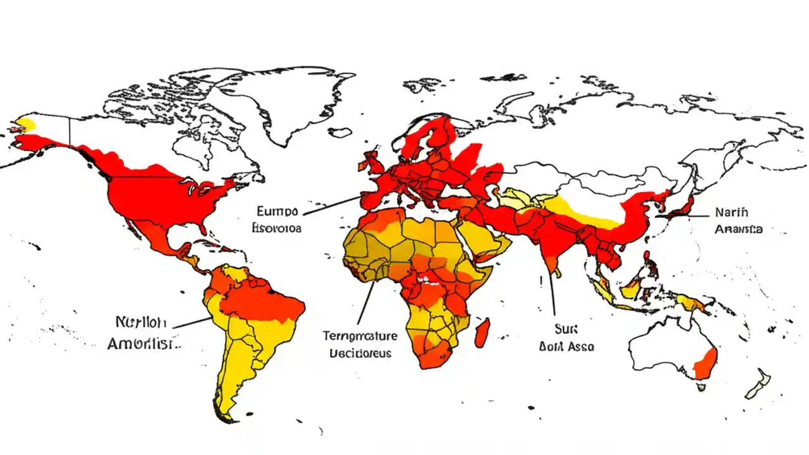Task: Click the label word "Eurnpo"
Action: pyautogui.click(x=277, y=210)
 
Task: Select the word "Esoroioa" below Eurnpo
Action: pyautogui.click(x=277, y=227)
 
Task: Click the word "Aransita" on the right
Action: pyautogui.click(x=738, y=229)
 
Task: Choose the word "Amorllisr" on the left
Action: pyautogui.click(x=143, y=344)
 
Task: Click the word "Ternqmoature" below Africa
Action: pyautogui.click(x=360, y=335)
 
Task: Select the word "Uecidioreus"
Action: pyautogui.click(x=360, y=353)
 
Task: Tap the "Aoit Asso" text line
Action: pyautogui.click(x=566, y=347)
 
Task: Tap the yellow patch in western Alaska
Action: pyautogui.click(x=25, y=123)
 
